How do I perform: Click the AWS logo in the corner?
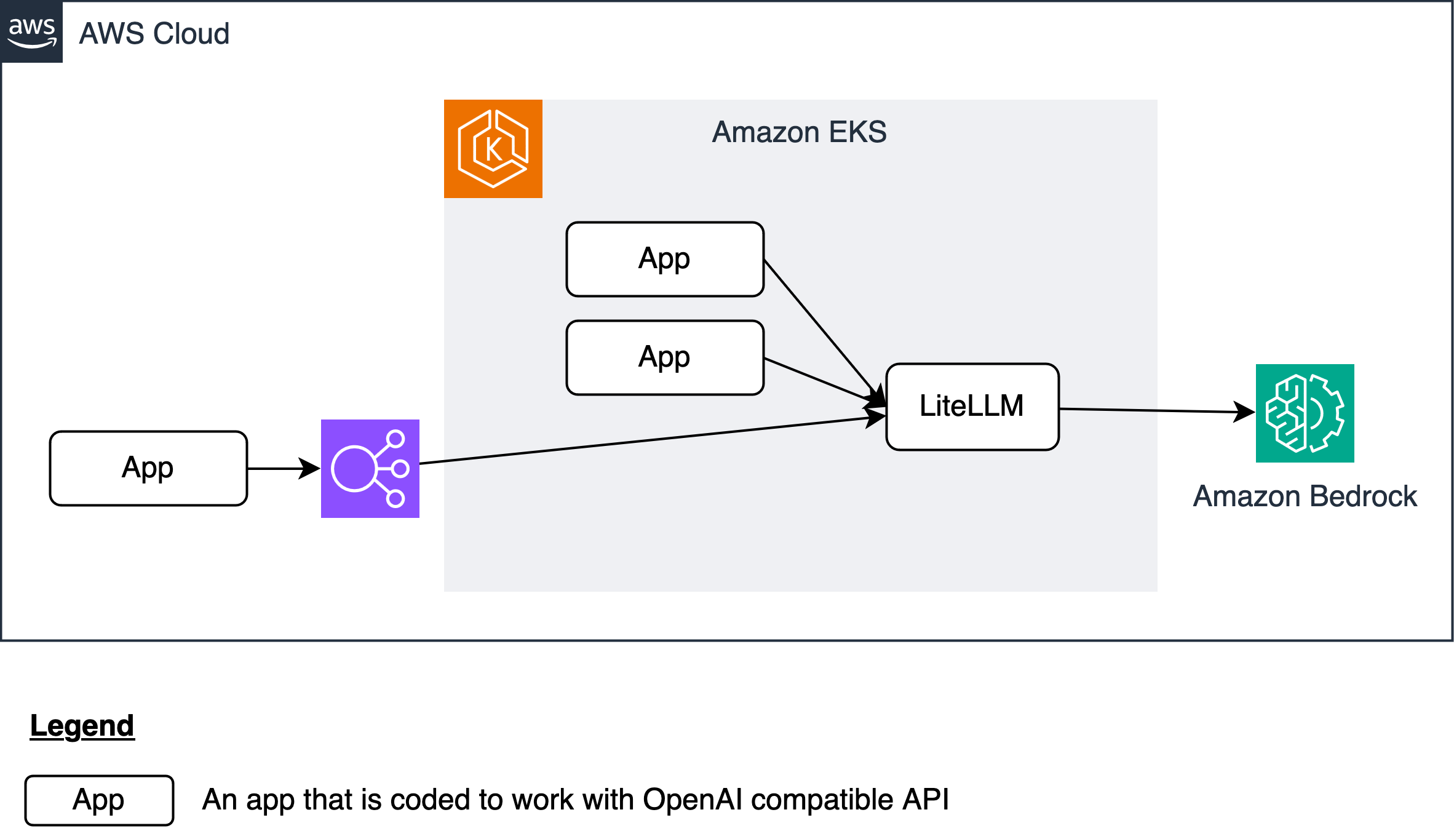[31, 31]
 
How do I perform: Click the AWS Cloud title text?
[154, 34]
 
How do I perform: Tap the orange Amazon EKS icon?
[493, 149]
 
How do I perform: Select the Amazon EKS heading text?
[799, 132]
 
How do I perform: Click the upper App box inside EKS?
[665, 259]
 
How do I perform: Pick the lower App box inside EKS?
[665, 357]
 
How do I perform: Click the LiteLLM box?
[972, 407]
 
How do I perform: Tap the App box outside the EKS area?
[148, 468]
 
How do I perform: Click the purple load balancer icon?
[370, 468]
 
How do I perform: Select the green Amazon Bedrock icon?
[1305, 413]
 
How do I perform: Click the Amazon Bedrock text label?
[1305, 496]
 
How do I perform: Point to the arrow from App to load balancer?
[280, 468]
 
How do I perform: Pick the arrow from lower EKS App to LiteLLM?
[818, 380]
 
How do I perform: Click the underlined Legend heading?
[82, 726]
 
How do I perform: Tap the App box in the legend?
[99, 800]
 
